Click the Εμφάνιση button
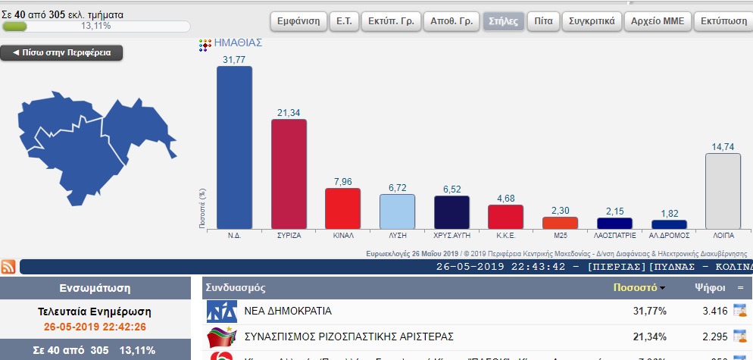coord(298,20)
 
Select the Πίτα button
coord(542,20)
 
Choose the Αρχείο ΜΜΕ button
coord(657,20)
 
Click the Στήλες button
coord(503,20)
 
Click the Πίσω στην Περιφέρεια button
coord(61,53)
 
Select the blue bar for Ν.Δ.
coord(234,147)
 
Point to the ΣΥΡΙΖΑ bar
coord(289,174)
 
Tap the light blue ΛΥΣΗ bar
coord(397,211)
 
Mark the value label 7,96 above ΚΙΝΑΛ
coord(342,182)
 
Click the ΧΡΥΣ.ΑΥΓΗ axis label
coord(451,236)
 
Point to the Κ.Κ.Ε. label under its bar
coord(506,236)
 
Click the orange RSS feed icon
coord(9,266)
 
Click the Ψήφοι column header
coord(710,288)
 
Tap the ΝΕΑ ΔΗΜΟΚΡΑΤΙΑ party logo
coord(222,311)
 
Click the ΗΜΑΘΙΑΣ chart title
coord(239,43)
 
